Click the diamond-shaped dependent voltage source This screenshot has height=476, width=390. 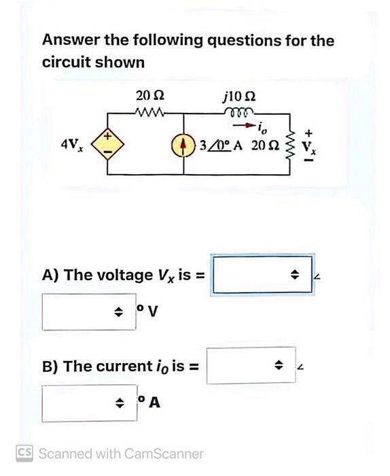(107, 145)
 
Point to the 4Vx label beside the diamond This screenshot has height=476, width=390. (71, 144)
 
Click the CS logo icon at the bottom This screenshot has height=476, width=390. (24, 452)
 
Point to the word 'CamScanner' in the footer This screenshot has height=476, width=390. (162, 453)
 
